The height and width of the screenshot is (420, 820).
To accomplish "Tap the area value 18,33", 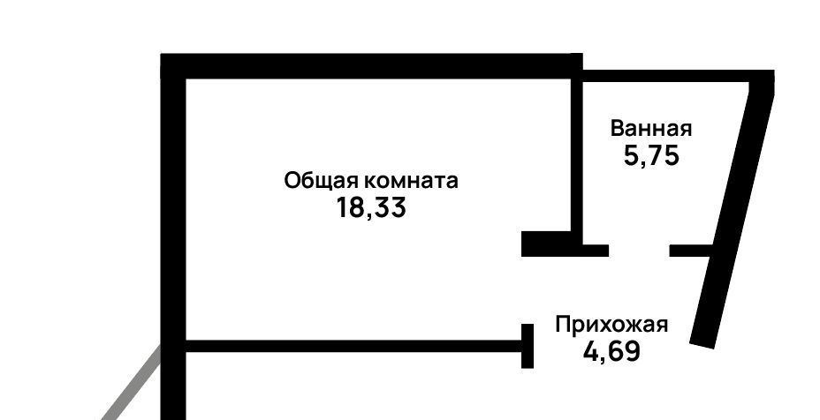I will tap(371, 209).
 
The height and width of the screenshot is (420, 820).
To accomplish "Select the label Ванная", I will tap(651, 129).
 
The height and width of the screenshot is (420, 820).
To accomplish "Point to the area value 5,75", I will tap(651, 156).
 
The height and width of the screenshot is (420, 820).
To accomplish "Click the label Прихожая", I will tap(611, 325).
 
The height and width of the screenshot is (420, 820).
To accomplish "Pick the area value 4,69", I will tap(611, 351).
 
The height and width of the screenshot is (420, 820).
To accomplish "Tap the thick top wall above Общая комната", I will tap(371, 66).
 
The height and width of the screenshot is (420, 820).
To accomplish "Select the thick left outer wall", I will tap(173, 221).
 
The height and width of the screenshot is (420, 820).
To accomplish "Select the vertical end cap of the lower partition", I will tap(528, 346).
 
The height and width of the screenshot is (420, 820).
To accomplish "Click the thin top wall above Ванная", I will tap(672, 77).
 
